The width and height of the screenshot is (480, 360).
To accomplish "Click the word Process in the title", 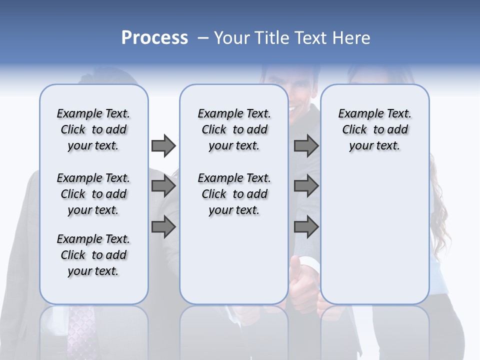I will click(154, 38).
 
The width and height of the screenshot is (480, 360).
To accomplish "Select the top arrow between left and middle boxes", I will click(163, 145).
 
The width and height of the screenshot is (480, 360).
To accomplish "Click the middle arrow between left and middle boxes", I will click(163, 186).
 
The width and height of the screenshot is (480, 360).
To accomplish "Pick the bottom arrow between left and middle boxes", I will click(163, 227).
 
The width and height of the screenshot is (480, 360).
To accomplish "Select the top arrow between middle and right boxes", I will click(306, 145).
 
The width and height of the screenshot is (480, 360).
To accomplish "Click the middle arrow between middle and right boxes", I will click(306, 186).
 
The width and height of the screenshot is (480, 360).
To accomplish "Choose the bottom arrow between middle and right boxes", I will click(306, 227).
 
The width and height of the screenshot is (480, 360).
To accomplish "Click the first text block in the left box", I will click(93, 129).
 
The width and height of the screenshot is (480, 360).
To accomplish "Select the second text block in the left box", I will click(93, 194).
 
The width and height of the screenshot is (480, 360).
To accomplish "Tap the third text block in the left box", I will click(93, 255).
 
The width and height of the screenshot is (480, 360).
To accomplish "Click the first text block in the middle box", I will click(234, 129).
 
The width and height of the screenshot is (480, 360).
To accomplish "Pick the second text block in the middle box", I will click(234, 194).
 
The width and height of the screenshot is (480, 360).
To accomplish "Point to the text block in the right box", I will click(374, 129).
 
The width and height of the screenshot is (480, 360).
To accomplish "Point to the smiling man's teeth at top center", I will click(292, 107).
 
